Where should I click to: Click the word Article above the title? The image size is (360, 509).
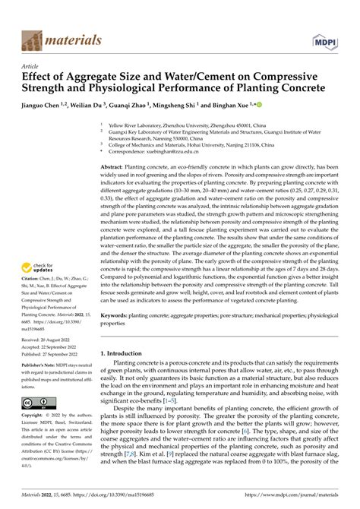click(x=32, y=66)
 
